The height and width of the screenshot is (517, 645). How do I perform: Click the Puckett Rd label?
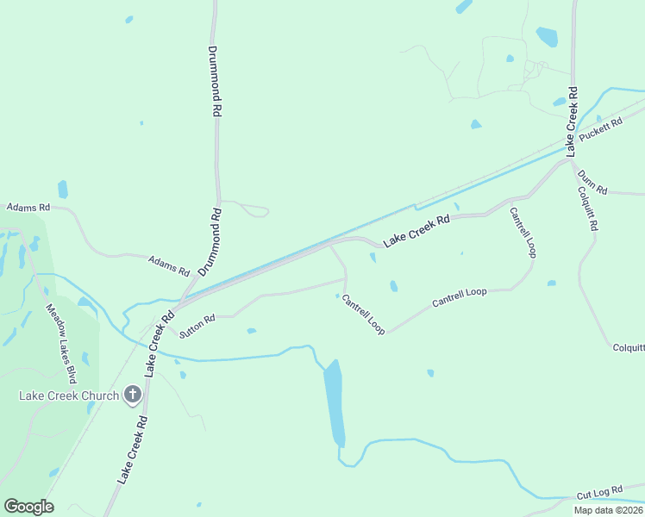coord(601,129)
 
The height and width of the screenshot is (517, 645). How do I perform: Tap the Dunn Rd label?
coord(592,182)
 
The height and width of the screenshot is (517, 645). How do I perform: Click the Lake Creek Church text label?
coord(70,396)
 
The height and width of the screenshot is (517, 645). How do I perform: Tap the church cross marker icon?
coord(133,395)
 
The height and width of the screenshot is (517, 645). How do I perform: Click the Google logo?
coord(28,506)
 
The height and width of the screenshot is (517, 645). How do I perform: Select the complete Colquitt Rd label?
coord(587,210)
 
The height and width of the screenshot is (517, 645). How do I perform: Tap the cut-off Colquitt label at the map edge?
coord(629,347)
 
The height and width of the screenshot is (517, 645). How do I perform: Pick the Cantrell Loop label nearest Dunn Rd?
coord(523,232)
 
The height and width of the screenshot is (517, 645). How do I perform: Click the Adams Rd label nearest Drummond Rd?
coord(169,265)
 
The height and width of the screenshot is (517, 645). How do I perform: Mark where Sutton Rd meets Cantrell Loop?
coord(346,278)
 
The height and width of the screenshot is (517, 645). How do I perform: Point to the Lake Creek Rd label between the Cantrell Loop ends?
coord(416,232)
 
